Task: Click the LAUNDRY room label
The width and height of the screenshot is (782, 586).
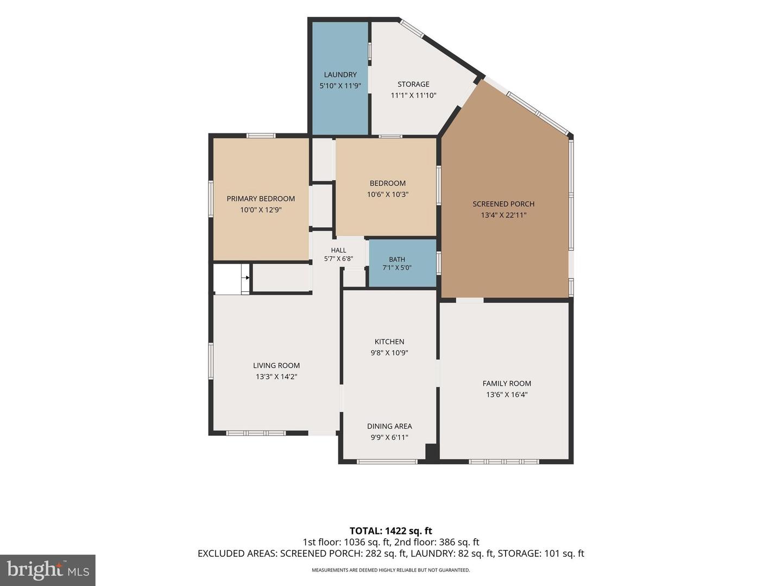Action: (340, 75)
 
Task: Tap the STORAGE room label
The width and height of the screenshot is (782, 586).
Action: (413, 84)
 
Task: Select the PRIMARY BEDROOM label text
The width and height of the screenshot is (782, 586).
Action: (261, 199)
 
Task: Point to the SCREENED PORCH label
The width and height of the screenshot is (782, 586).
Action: (503, 204)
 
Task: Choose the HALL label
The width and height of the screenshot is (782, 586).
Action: (338, 251)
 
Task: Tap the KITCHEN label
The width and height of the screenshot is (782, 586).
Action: (389, 342)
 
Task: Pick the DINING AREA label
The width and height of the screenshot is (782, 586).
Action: (389, 426)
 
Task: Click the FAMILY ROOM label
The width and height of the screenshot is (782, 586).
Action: (507, 384)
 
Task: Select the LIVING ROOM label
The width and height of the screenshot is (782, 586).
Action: (276, 365)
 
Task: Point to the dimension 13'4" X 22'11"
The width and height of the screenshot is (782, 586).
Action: (503, 215)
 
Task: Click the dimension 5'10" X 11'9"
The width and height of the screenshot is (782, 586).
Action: (340, 86)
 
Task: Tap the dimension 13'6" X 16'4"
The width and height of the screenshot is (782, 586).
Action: (507, 394)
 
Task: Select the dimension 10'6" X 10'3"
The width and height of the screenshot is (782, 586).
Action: (388, 195)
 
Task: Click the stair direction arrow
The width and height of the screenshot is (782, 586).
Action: (247, 277)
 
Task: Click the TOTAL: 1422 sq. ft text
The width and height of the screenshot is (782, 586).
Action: (391, 531)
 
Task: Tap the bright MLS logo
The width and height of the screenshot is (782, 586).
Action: (48, 570)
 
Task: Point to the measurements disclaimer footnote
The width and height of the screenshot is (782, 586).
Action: (391, 570)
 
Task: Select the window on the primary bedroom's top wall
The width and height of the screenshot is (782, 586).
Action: (261, 135)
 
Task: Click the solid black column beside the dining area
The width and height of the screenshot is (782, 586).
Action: (432, 452)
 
